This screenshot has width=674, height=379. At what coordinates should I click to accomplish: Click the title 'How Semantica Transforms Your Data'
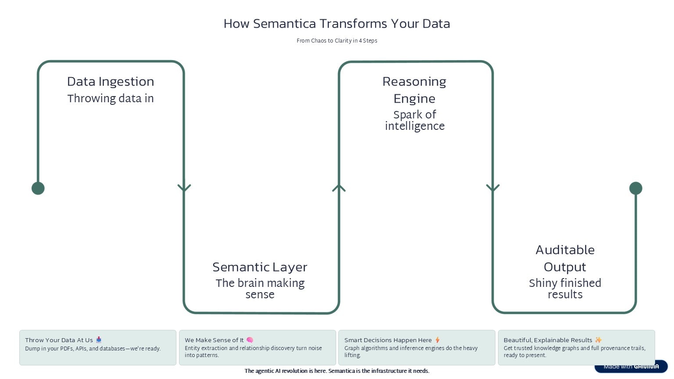pyautogui.click(x=337, y=24)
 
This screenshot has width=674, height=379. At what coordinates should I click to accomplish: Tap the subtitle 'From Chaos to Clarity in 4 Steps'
pyautogui.click(x=337, y=41)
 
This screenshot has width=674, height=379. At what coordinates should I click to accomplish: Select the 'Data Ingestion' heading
pyautogui.click(x=111, y=82)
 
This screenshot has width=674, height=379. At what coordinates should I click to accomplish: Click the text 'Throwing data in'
pyautogui.click(x=111, y=98)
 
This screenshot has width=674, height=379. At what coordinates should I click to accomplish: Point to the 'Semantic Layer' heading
pyautogui.click(x=260, y=267)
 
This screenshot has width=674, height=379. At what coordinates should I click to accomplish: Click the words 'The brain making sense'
pyautogui.click(x=260, y=289)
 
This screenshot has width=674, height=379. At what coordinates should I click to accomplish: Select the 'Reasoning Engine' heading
pyautogui.click(x=414, y=90)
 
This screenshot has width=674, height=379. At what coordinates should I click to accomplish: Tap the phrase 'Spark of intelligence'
pyautogui.click(x=414, y=120)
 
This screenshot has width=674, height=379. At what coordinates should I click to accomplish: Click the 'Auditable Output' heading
pyautogui.click(x=565, y=258)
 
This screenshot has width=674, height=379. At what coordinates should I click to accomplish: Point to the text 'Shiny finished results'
pyautogui.click(x=565, y=289)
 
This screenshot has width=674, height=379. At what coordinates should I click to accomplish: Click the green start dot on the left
pyautogui.click(x=38, y=188)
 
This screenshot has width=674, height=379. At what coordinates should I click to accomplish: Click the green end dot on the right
pyautogui.click(x=635, y=188)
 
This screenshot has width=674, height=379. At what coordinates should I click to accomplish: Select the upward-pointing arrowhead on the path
pyautogui.click(x=339, y=188)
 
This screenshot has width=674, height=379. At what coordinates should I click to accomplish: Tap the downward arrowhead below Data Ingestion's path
pyautogui.click(x=184, y=188)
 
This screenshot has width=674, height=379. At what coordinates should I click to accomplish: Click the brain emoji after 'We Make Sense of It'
pyautogui.click(x=250, y=340)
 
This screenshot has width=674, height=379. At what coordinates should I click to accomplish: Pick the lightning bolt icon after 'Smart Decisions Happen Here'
pyautogui.click(x=437, y=340)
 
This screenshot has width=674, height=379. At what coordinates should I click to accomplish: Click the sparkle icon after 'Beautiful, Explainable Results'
pyautogui.click(x=599, y=340)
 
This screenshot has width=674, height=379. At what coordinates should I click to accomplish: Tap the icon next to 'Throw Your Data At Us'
pyautogui.click(x=99, y=340)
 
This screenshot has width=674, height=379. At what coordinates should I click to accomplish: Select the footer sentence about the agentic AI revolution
pyautogui.click(x=337, y=371)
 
